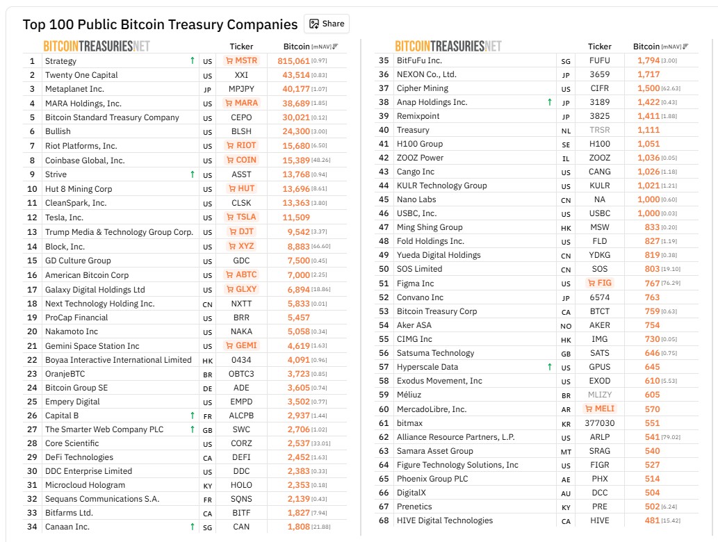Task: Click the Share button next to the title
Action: tap(327, 24)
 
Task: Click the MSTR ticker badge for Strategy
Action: tap(241, 60)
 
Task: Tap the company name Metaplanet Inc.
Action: tap(74, 89)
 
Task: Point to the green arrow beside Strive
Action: tap(193, 174)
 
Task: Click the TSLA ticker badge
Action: tap(241, 217)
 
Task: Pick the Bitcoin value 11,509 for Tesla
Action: tap(297, 217)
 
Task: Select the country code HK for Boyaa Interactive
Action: tap(207, 361)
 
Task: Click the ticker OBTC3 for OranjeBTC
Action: tap(241, 374)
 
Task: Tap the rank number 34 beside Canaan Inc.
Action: tap(31, 527)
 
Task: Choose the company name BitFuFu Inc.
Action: tap(419, 60)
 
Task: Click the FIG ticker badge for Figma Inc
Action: tap(600, 283)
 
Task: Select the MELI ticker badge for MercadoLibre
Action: tap(600, 409)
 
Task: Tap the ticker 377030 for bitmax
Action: tap(600, 422)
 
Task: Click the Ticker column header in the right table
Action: tap(600, 47)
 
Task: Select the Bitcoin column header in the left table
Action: tap(297, 47)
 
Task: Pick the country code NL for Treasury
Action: tap(566, 131)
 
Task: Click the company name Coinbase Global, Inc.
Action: tap(85, 161)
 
